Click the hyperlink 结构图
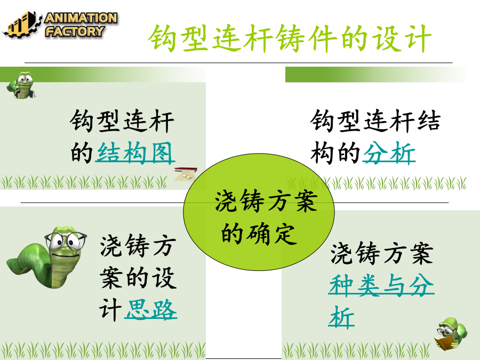pyautogui.click(x=135, y=153)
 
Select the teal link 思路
pyautogui.click(x=150, y=309)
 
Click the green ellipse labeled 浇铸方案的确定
pyautogui.click(x=259, y=212)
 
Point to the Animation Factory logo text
pyautogui.click(x=81, y=25)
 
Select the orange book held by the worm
pyautogui.click(x=443, y=342)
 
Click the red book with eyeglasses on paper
pyautogui.click(x=186, y=173)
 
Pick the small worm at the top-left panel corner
pyautogui.click(x=21, y=85)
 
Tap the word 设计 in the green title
pyautogui.click(x=402, y=38)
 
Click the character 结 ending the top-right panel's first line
pyautogui.click(x=429, y=121)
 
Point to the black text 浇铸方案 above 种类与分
pyautogui.click(x=382, y=253)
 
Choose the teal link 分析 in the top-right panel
pyautogui.click(x=389, y=153)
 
